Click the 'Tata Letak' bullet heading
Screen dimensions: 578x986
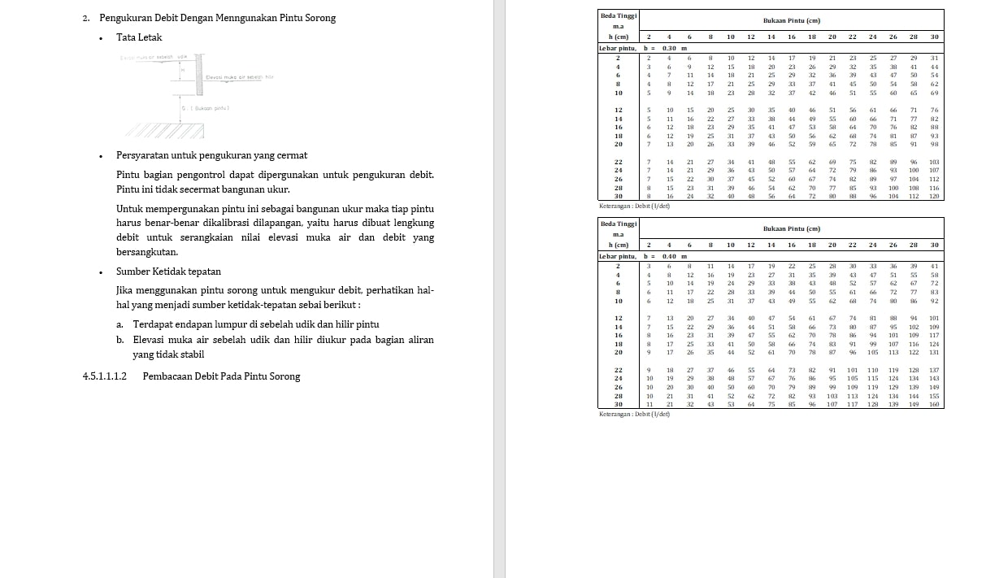pyautogui.click(x=139, y=37)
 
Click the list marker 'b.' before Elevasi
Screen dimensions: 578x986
pyautogui.click(x=120, y=340)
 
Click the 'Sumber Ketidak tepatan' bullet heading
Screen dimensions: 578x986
pyautogui.click(x=168, y=272)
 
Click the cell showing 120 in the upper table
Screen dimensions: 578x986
pyautogui.click(x=934, y=196)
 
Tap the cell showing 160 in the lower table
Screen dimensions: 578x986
pyautogui.click(x=934, y=404)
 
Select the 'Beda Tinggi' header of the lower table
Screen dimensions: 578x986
pyautogui.click(x=619, y=224)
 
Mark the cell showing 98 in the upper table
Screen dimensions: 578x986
pyautogui.click(x=934, y=144)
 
